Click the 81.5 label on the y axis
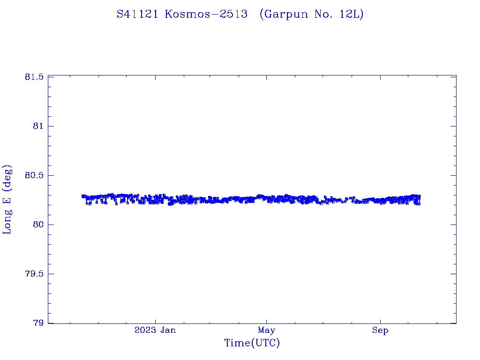pyautogui.click(x=34, y=77)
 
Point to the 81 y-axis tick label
pyautogui.click(x=38, y=126)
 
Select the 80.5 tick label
pyautogui.click(x=34, y=175)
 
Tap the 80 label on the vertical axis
pyautogui.click(x=38, y=225)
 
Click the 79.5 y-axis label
pyautogui.click(x=34, y=274)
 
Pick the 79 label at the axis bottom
pyautogui.click(x=38, y=323)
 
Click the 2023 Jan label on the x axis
pyautogui.click(x=155, y=330)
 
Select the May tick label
pyautogui.click(x=266, y=330)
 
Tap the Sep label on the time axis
pyautogui.click(x=380, y=330)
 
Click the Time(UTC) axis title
pyautogui.click(x=252, y=344)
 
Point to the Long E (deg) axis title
pyautogui.click(x=7, y=199)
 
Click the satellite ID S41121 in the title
pyautogui.click(x=138, y=14)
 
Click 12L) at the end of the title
pyautogui.click(x=352, y=14)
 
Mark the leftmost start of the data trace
pyautogui.click(x=82, y=196)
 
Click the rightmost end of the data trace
pyautogui.click(x=419, y=197)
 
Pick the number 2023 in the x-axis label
pyautogui.click(x=144, y=330)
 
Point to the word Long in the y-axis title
pyautogui.click(x=7, y=222)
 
